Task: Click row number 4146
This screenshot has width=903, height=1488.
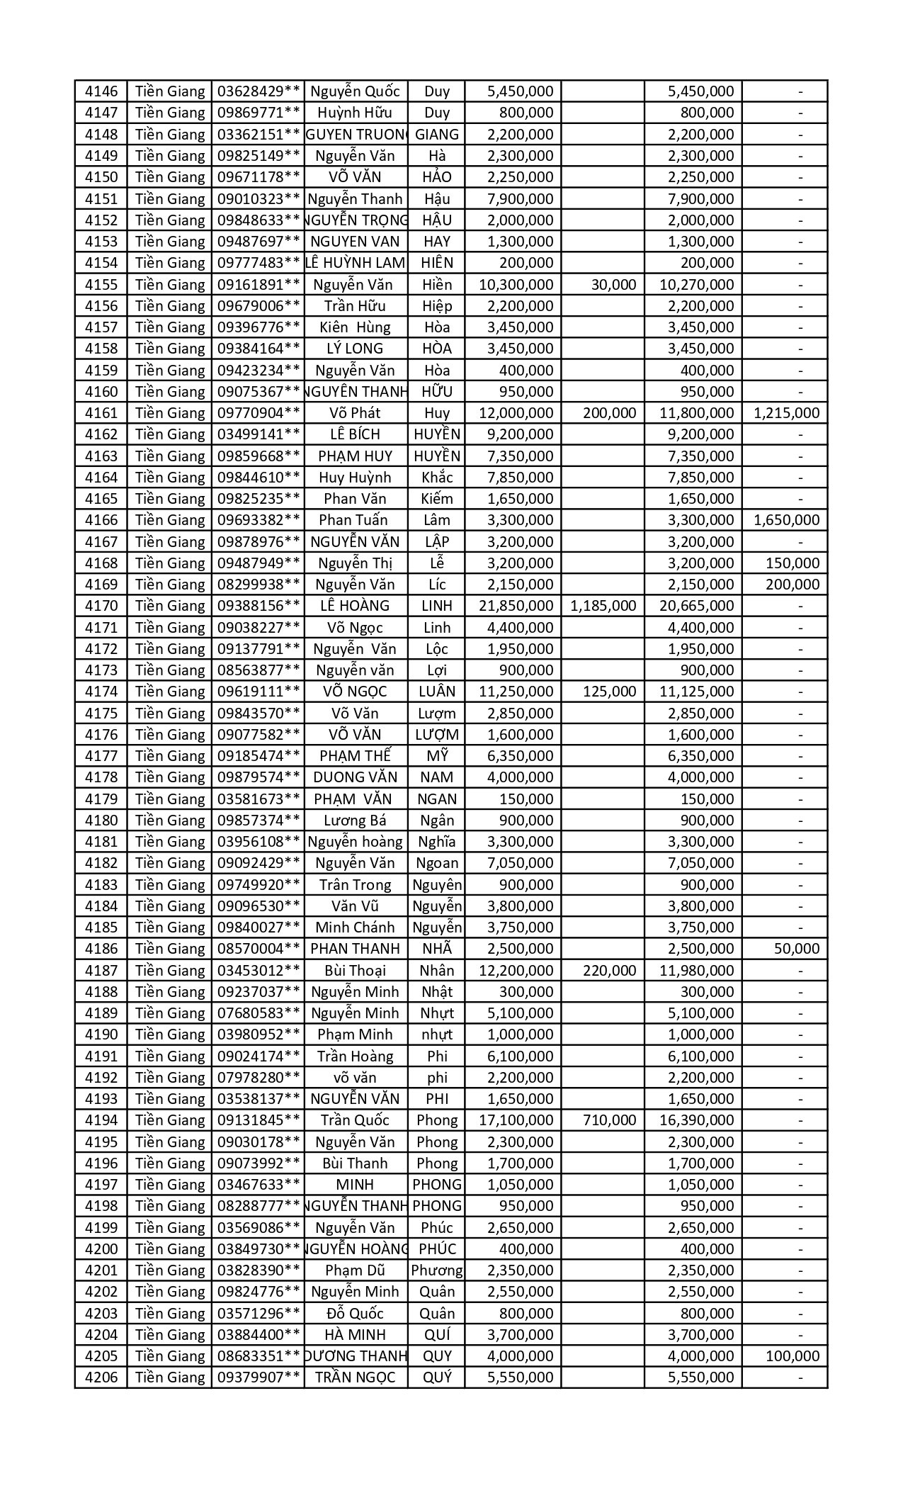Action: tap(101, 91)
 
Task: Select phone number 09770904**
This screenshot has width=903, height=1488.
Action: tap(258, 413)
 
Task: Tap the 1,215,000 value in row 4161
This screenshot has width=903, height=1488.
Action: tap(786, 413)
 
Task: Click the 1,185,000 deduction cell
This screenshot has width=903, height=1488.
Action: tap(603, 606)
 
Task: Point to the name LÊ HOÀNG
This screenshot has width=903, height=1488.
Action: tap(355, 606)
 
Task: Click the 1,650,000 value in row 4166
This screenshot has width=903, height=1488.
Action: tap(786, 520)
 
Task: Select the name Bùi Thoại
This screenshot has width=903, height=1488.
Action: tap(355, 971)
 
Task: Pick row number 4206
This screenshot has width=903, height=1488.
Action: tap(101, 1378)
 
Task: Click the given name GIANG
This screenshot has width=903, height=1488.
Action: tap(436, 135)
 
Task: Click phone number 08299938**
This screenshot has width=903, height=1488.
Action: tap(258, 585)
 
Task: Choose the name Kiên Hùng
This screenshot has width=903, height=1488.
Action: tap(355, 327)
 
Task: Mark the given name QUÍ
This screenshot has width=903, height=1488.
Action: tap(436, 1335)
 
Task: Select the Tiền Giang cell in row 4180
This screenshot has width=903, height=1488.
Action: tap(169, 821)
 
